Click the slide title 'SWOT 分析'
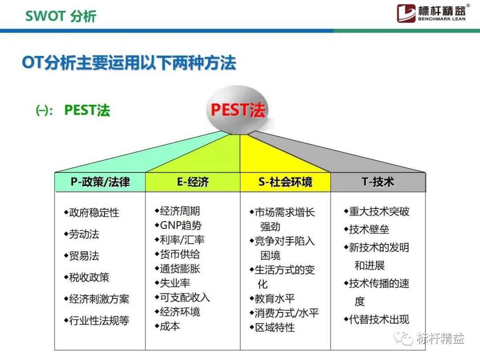point(61,16)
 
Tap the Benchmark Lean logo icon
point(406,13)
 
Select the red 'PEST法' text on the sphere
point(238,110)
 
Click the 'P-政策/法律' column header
point(100,182)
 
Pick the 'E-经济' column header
point(192,182)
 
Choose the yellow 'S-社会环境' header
point(285,182)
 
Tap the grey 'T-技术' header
point(378,182)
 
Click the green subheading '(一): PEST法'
point(73,110)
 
